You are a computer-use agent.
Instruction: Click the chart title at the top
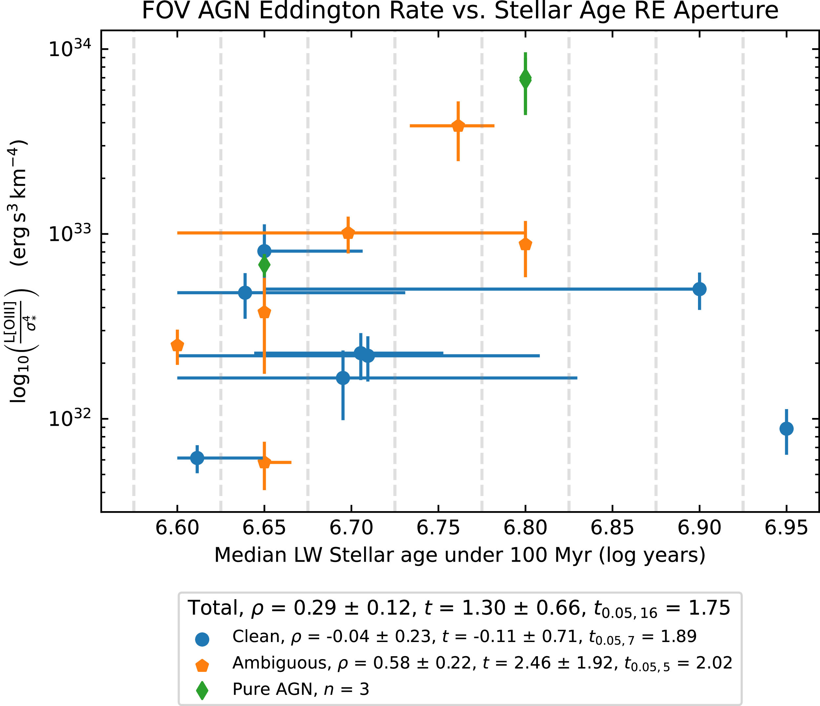click(x=460, y=11)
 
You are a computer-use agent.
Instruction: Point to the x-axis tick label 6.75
click(x=438, y=528)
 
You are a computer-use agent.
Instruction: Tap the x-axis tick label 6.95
click(x=786, y=528)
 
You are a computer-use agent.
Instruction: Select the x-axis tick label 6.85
click(x=612, y=528)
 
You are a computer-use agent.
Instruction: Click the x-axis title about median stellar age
click(x=460, y=555)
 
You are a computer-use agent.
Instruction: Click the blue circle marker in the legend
click(x=202, y=639)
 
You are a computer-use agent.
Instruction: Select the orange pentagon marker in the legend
click(x=202, y=666)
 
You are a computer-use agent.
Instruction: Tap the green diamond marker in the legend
click(x=202, y=691)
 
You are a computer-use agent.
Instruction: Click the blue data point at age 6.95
click(x=786, y=428)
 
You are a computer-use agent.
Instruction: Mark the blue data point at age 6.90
click(x=699, y=289)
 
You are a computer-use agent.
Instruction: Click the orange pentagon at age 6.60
click(x=177, y=345)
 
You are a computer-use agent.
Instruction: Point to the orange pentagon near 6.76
click(x=458, y=126)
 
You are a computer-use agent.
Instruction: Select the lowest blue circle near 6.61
click(x=197, y=458)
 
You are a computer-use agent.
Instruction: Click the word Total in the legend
click(x=214, y=608)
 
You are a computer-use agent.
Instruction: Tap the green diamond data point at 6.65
click(x=264, y=265)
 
